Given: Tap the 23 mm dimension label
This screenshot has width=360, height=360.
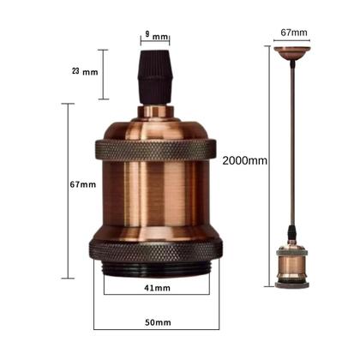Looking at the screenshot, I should (x=84, y=72).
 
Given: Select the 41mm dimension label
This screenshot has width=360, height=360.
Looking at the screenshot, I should (x=155, y=288).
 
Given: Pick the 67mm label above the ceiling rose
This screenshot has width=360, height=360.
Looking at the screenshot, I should (x=293, y=33).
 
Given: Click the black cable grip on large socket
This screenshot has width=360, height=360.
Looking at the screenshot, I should (x=155, y=82).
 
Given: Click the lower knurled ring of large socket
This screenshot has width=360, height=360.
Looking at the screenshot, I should (x=155, y=249).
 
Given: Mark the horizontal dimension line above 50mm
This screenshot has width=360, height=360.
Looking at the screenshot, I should (x=155, y=330).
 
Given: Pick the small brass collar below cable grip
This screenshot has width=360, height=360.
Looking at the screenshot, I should (x=155, y=109).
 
